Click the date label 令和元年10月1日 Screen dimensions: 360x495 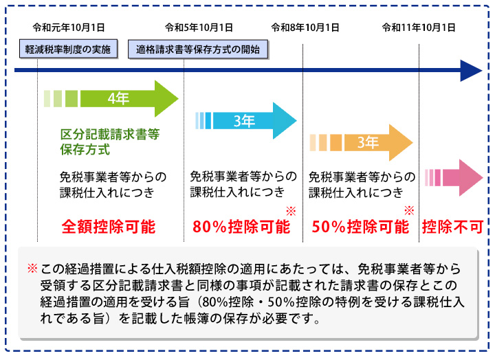point(69,28)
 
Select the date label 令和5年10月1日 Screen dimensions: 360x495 point(199,28)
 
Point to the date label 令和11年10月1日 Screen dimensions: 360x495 point(419,28)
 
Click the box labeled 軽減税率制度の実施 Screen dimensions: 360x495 point(67,49)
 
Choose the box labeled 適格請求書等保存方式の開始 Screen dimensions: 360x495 point(198,49)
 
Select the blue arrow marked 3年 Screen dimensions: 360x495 point(246,121)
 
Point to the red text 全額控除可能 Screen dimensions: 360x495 point(109,226)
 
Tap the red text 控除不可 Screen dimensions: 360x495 point(452,226)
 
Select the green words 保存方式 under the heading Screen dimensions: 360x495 point(85,150)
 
